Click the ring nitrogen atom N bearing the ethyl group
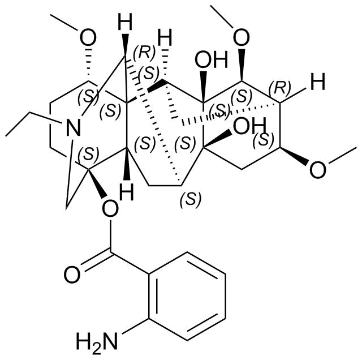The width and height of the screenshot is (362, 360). (74, 127)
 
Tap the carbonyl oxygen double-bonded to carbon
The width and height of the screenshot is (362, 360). (72, 275)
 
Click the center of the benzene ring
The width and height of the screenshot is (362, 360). (187, 297)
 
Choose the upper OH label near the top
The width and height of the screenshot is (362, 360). (211, 60)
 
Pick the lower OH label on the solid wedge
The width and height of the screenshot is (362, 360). (249, 126)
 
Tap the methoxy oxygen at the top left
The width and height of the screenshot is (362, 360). (88, 38)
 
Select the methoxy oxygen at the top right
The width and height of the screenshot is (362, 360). (242, 37)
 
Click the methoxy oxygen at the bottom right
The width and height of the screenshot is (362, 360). (317, 170)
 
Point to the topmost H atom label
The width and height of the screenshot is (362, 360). (125, 22)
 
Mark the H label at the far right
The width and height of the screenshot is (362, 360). (318, 82)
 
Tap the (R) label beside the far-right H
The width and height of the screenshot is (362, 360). (280, 88)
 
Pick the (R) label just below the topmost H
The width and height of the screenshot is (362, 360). (144, 52)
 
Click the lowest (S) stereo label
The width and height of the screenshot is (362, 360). (191, 199)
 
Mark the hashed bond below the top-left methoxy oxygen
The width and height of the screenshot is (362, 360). (88, 65)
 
